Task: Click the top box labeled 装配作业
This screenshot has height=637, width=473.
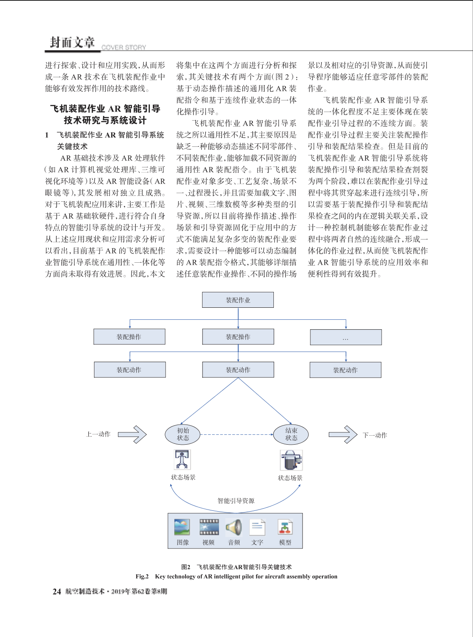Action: click(x=238, y=300)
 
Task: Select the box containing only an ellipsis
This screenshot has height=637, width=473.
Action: click(x=346, y=337)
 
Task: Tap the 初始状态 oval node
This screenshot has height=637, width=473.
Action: click(x=183, y=434)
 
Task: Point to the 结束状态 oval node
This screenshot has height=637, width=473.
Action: click(x=291, y=434)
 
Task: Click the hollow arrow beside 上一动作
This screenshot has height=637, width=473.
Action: click(x=132, y=434)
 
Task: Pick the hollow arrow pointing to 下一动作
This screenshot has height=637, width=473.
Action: click(x=343, y=434)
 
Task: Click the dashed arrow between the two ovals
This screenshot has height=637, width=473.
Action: click(x=236, y=434)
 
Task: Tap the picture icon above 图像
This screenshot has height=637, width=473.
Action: click(x=182, y=527)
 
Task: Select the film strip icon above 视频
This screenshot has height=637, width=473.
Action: click(x=209, y=527)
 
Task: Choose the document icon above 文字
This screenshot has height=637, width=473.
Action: click(x=257, y=527)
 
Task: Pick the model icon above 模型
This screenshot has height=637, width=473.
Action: click(x=285, y=527)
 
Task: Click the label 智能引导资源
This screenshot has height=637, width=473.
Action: click(x=236, y=501)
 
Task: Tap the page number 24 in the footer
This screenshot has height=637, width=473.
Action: click(x=57, y=591)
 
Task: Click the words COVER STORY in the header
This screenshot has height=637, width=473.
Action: click(x=124, y=47)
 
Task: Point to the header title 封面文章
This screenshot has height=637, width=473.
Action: click(x=73, y=42)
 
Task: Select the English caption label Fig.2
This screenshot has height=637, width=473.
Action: click(x=142, y=576)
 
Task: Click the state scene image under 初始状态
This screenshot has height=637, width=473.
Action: click(x=182, y=460)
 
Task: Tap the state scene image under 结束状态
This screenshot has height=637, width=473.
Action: click(x=291, y=460)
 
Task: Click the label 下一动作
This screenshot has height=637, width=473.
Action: click(x=375, y=435)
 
